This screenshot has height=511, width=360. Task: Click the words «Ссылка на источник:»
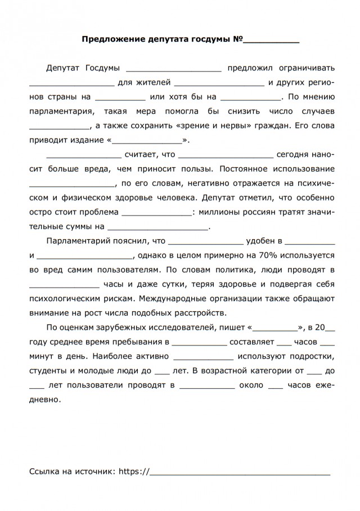click(72, 471)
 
